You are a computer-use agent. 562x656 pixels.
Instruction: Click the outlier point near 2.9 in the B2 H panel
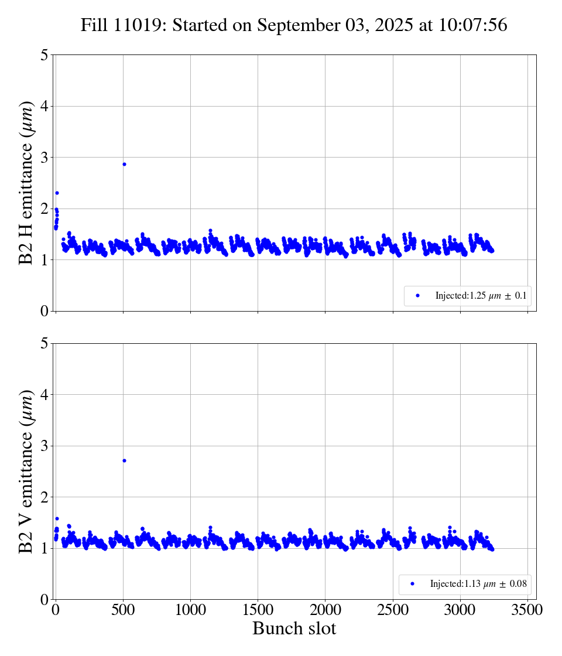(124, 164)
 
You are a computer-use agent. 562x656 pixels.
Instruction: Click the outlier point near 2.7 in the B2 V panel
(124, 460)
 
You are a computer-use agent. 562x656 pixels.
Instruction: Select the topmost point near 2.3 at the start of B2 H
(57, 193)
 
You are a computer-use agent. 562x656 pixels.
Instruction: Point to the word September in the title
(293, 26)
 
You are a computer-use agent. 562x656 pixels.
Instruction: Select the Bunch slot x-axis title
(294, 628)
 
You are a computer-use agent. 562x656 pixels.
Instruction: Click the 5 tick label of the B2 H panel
(44, 56)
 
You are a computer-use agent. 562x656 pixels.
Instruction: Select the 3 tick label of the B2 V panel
(44, 446)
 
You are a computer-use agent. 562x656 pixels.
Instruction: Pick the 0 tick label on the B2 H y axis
(44, 311)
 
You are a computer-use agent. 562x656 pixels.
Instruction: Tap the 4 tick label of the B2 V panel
(44, 395)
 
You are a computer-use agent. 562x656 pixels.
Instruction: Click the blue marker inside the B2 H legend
(417, 296)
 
